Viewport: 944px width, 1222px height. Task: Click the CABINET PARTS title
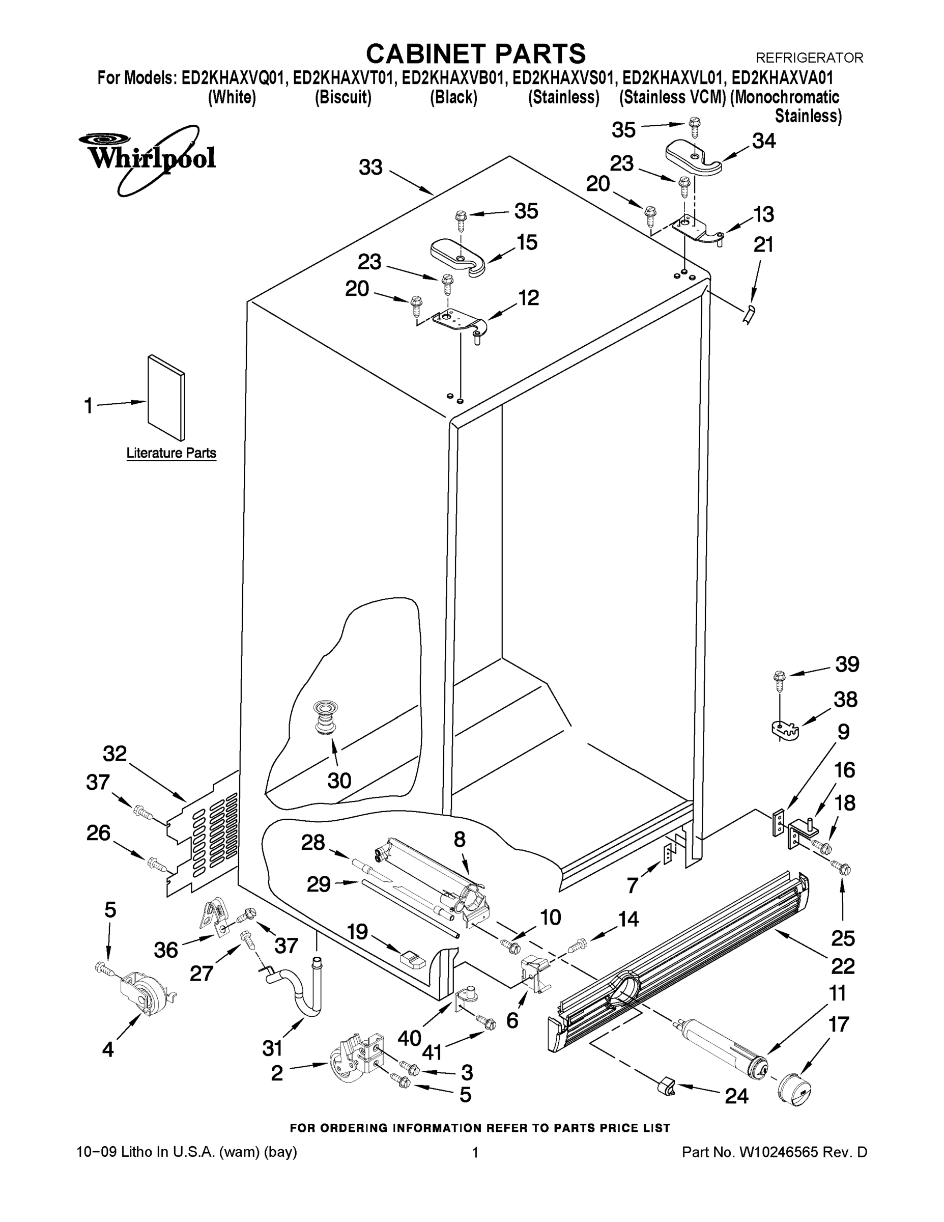click(475, 54)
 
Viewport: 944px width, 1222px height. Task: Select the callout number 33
click(370, 168)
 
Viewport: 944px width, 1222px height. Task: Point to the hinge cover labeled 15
click(458, 257)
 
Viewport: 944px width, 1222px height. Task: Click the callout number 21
click(764, 245)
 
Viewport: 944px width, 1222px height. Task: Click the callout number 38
click(845, 700)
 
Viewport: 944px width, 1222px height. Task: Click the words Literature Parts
click(171, 453)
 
